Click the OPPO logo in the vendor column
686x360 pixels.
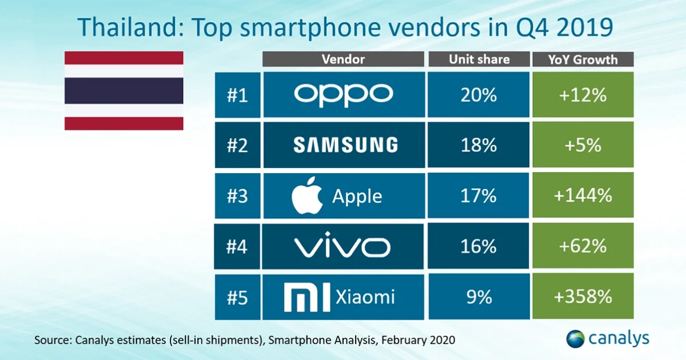tap(344, 95)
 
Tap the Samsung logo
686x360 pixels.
tap(345, 145)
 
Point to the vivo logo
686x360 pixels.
tap(342, 247)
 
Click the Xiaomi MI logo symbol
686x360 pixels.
tap(306, 297)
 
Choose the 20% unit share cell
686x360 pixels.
tap(478, 95)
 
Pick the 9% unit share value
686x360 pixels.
tap(478, 297)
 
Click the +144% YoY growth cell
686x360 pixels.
tap(583, 196)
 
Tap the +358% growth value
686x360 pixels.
tap(583, 297)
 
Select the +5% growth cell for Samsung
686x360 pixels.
tap(583, 145)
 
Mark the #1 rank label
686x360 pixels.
tap(237, 95)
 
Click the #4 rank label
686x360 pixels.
tap(237, 247)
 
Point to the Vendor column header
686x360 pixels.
tap(343, 59)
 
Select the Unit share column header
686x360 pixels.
tap(478, 59)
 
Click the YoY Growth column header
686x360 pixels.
tap(583, 59)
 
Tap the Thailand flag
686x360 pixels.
tap(123, 90)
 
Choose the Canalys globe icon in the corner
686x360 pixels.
tap(575, 338)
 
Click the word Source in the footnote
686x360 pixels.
tap(52, 340)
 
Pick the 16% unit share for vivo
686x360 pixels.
tap(478, 247)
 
